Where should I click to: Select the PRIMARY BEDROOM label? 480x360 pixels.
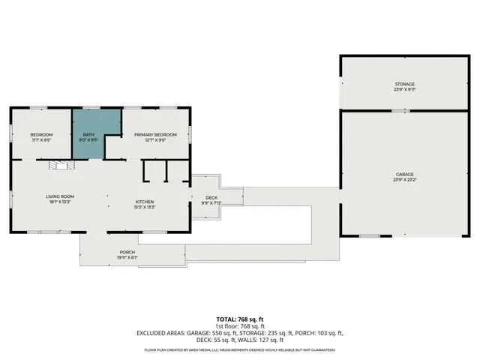tap(155, 134)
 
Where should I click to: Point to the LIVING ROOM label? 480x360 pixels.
tap(60, 196)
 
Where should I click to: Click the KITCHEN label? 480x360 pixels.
tap(145, 202)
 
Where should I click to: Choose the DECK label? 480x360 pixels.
tap(211, 197)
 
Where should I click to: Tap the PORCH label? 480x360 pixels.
tap(127, 252)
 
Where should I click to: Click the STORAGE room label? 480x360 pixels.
tap(405, 84)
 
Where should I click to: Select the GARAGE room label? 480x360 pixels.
tap(405, 174)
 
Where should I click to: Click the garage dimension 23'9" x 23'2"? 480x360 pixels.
tap(405, 180)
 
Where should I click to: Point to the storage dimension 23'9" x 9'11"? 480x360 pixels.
tap(405, 89)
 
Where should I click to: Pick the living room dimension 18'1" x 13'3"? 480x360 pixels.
tap(60, 202)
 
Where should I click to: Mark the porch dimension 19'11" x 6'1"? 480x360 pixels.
tap(127, 257)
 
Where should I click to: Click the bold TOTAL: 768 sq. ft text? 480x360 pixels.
tap(240, 319)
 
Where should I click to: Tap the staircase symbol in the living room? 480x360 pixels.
tap(59, 166)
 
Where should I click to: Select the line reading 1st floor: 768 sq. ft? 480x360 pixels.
tap(240, 326)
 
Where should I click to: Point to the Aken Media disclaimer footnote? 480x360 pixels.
tap(240, 349)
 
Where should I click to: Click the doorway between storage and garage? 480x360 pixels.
tap(404, 111)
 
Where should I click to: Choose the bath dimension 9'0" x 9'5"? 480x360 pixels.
tap(89, 139)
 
